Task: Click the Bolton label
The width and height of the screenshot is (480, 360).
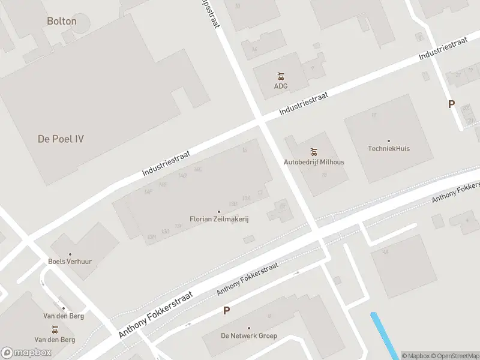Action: click(62, 21)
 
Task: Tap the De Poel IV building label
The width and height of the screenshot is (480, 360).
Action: click(61, 139)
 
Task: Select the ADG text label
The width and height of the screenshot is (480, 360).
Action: click(281, 86)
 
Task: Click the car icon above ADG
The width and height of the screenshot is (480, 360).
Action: click(281, 76)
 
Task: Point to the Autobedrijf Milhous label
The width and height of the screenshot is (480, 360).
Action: click(314, 162)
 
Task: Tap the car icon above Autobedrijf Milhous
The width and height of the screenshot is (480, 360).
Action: click(314, 152)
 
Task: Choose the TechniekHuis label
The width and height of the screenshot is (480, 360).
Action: click(389, 148)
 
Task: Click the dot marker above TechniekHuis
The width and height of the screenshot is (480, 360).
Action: click(389, 141)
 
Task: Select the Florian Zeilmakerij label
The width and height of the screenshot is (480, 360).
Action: click(219, 219)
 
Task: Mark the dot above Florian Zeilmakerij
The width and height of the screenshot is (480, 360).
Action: click(219, 212)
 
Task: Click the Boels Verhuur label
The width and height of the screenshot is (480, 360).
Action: click(70, 262)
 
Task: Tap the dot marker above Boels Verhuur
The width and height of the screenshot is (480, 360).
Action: click(70, 254)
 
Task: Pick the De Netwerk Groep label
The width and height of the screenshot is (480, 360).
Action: click(249, 335)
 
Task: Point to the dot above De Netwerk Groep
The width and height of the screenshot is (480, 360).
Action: click(249, 328)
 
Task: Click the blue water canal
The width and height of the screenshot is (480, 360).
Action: click(384, 336)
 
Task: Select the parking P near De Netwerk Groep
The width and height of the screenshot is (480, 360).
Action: click(226, 310)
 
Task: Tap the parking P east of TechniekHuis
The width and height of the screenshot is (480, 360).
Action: click(451, 104)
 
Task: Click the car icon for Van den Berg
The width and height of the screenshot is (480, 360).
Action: click(55, 329)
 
